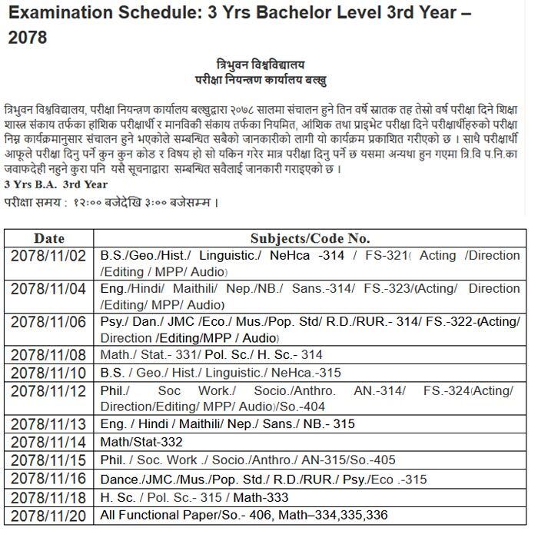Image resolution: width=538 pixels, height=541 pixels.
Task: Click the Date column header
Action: pyautogui.click(x=49, y=238)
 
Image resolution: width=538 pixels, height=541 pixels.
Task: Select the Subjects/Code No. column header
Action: pyautogui.click(x=310, y=238)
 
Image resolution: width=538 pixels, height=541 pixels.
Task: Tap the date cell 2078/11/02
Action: pyautogui.click(x=49, y=255)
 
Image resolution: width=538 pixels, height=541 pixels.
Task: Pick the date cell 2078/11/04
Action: pyautogui.click(x=49, y=288)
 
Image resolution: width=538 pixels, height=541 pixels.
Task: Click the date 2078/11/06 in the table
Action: pyautogui.click(x=49, y=321)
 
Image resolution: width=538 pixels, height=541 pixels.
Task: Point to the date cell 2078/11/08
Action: pyautogui.click(x=49, y=355)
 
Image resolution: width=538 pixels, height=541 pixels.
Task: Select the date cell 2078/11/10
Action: pyautogui.click(x=49, y=373)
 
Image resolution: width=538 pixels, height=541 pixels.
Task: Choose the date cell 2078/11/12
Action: pyautogui.click(x=49, y=390)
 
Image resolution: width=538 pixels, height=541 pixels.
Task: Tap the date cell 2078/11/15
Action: pyautogui.click(x=49, y=460)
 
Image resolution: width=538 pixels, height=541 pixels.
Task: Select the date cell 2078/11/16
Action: pyautogui.click(x=49, y=478)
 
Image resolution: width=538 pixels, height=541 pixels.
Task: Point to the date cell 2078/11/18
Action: pyautogui.click(x=49, y=496)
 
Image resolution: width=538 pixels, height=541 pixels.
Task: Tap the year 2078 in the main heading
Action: pyautogui.click(x=27, y=38)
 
